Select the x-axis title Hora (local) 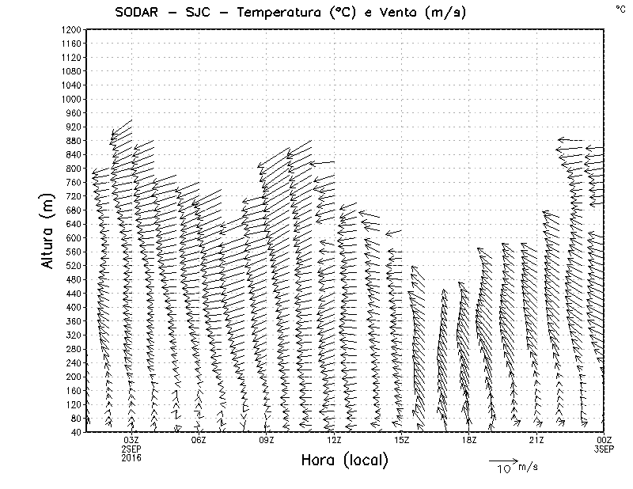[344, 461]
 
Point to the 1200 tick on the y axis [70, 29]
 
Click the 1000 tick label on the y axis [70, 99]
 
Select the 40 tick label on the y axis [75, 432]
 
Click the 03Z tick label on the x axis [131, 440]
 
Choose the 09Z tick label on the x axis [267, 440]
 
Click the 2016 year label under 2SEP [131, 457]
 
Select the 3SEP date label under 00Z [605, 449]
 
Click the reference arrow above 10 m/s [502, 459]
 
